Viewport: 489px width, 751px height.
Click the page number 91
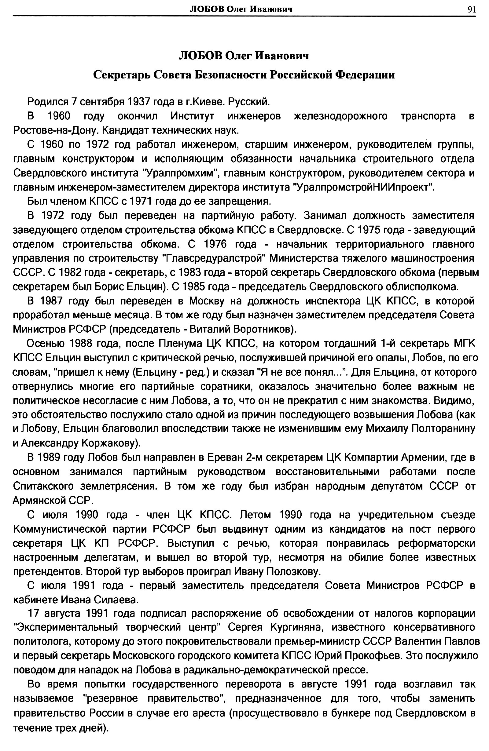pyautogui.click(x=472, y=9)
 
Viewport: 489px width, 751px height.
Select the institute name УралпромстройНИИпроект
pyautogui.click(x=363, y=188)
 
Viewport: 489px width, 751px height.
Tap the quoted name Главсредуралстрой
pyautogui.click(x=214, y=258)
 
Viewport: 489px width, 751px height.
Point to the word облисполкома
pyautogui.click(x=422, y=286)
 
